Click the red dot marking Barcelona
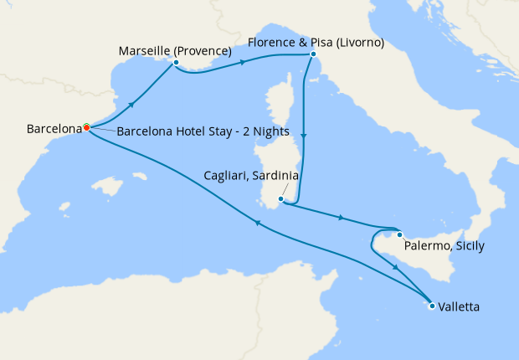pos(86,128)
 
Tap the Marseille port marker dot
pos(176,62)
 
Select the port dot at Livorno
pos(313,54)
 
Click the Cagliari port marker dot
pos(281,199)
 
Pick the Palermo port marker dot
pos(400,234)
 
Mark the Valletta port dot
pos(432,306)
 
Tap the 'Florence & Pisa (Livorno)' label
pos(316,42)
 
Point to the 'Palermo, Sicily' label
pos(444,246)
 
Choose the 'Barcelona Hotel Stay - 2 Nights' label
pos(203,131)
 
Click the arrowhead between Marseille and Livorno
pos(243,62)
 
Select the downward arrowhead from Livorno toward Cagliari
pos(305,137)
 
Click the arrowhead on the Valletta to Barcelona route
pos(258,222)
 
